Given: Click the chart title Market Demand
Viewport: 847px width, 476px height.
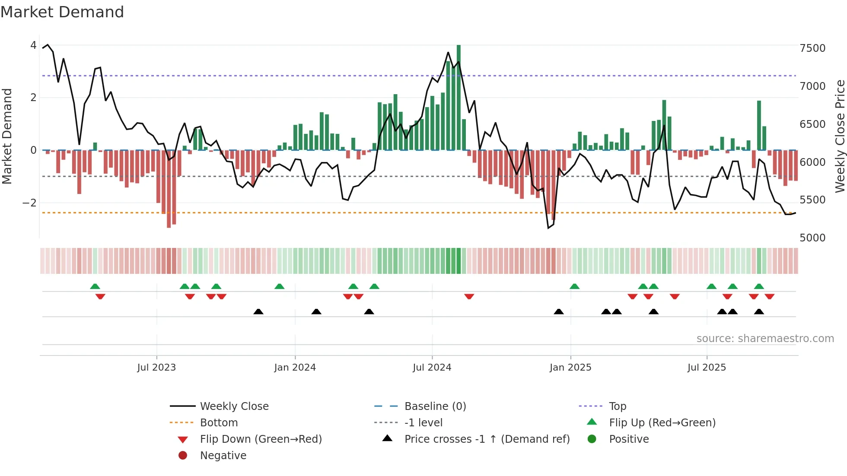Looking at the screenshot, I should tap(62, 12).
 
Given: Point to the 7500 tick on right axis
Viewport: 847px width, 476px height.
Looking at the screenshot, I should tap(812, 48).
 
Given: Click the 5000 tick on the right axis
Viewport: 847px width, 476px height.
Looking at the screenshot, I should tap(812, 238).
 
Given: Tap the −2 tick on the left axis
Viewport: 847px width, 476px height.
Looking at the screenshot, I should tap(29, 203).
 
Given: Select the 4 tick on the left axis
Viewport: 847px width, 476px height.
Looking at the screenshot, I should tap(33, 45).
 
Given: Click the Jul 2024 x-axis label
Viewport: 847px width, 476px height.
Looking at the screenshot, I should tap(432, 368).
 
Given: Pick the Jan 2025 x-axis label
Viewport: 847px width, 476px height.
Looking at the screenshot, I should tap(570, 368).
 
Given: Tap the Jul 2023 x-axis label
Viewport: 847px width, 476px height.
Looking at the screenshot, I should tap(156, 368).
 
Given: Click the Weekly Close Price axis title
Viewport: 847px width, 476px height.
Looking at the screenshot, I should tap(840, 136).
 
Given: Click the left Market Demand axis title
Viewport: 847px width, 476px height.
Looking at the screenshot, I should tap(7, 136).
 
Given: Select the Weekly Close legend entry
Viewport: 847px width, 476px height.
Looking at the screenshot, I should tap(234, 406).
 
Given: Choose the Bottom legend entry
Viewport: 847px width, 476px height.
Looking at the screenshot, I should tap(219, 422).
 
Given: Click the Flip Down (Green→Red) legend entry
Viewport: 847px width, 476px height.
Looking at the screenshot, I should tap(261, 439).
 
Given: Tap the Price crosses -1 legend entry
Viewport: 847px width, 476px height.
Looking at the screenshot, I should tap(487, 439).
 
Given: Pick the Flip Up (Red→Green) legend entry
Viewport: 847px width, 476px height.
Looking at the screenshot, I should tap(662, 422).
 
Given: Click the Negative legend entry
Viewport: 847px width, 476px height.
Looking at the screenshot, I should tap(223, 455).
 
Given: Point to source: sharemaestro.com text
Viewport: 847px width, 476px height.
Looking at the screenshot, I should tap(765, 339).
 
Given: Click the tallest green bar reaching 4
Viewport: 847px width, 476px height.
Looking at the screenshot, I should tap(459, 97).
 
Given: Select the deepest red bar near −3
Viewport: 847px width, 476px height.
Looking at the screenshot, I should tap(169, 189).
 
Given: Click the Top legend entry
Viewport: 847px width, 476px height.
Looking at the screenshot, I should tap(617, 406).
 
